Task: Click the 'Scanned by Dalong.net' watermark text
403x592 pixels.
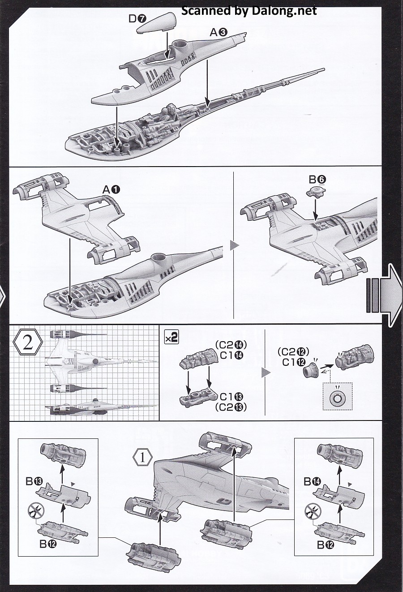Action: click(249, 10)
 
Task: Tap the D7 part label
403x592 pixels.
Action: click(136, 19)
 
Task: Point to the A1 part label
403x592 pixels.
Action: click(111, 189)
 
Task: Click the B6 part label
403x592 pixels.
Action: click(317, 180)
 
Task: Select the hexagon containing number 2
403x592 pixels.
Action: click(27, 343)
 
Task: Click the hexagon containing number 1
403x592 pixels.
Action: click(142, 458)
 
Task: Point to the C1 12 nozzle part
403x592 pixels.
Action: click(309, 370)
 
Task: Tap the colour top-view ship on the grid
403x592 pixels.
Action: click(101, 361)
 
